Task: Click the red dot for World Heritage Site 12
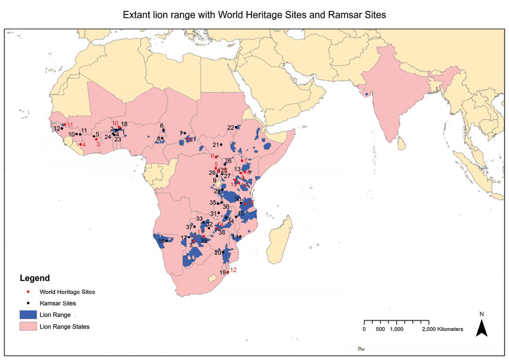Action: (x=228, y=272)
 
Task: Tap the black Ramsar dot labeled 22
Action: (x=236, y=127)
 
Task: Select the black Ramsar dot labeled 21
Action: (x=221, y=144)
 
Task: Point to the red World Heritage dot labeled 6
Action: (x=216, y=157)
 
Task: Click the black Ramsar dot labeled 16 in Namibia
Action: (x=166, y=241)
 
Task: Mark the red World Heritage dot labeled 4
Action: (x=81, y=144)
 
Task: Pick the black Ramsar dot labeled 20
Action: (x=223, y=252)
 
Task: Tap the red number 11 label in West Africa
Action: (x=70, y=124)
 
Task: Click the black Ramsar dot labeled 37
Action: (x=194, y=227)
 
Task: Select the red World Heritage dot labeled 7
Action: (x=242, y=161)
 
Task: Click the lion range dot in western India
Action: (x=367, y=94)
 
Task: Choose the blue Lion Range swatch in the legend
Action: (x=28, y=315)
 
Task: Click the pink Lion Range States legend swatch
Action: (x=28, y=326)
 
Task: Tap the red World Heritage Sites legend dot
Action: (x=28, y=292)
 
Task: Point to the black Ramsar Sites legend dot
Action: (x=28, y=303)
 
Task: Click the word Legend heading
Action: (x=35, y=278)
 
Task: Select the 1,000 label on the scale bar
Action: (x=397, y=329)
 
